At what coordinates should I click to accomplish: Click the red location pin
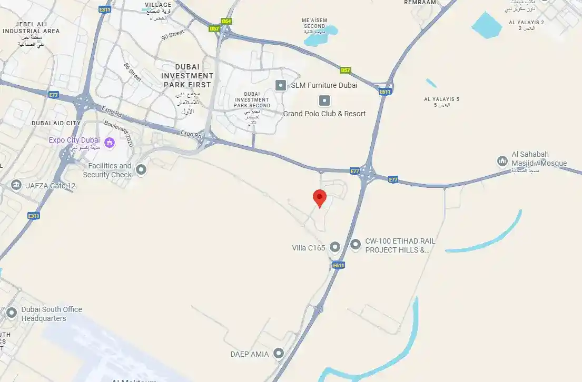[x=320, y=198]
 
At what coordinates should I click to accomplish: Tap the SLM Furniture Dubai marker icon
[x=281, y=85]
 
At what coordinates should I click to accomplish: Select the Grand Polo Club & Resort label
[x=324, y=114]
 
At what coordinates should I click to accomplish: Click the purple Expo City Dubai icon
[x=110, y=142]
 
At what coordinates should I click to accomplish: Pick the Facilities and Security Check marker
[x=141, y=169]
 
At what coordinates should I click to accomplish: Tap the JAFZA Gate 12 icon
[x=16, y=185]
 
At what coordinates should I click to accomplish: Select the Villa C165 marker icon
[x=335, y=247]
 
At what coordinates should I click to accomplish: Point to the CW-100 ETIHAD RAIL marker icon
[x=356, y=244]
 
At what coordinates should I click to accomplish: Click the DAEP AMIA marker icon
[x=278, y=354]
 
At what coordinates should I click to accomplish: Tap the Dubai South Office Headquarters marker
[x=12, y=313]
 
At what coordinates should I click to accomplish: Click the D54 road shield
[x=226, y=21]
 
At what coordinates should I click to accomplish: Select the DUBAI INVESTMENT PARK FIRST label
[x=187, y=76]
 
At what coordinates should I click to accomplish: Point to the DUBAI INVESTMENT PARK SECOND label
[x=252, y=99]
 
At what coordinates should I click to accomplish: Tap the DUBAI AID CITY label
[x=56, y=123]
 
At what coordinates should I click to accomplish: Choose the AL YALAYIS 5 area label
[x=441, y=99]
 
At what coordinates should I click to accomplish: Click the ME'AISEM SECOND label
[x=314, y=23]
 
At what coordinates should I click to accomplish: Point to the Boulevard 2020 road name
[x=120, y=134]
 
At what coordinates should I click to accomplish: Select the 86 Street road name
[x=132, y=72]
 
